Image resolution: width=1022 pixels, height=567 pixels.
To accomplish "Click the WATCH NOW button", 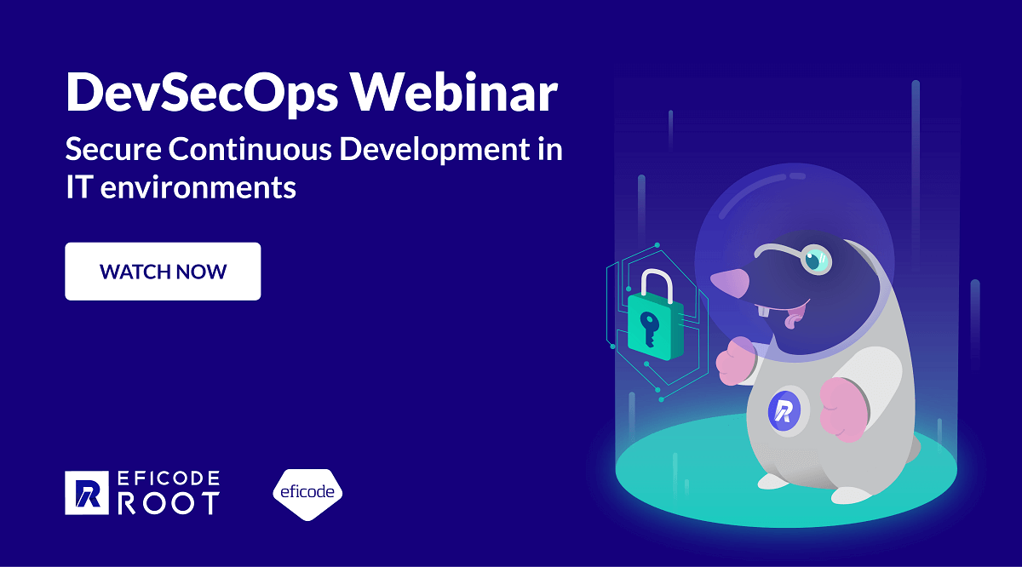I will pos(163,272).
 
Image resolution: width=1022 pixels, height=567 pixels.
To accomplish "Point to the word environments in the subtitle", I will pos(198,186).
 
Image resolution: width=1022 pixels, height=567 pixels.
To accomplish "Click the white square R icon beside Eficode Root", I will pos(87,493).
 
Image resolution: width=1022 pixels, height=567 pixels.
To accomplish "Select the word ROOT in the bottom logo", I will pos(168,503).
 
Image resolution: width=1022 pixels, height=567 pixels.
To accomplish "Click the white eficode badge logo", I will pos(307,493).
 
